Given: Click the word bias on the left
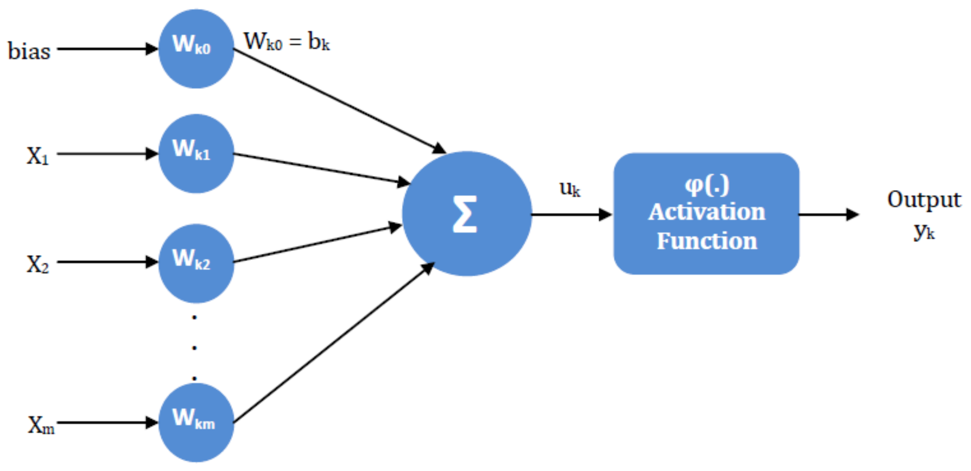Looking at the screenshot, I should tap(29, 51).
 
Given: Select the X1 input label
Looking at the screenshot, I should tap(38, 155).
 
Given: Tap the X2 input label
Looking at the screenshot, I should tap(38, 264).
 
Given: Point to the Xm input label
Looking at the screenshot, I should tap(41, 425).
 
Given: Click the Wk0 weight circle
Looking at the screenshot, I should tap(196, 49).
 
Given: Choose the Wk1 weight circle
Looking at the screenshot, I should tap(196, 154).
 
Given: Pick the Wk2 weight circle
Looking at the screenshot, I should tap(196, 263).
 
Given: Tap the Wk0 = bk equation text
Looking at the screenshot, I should tap(286, 41).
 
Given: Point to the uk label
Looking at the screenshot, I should tap(570, 188).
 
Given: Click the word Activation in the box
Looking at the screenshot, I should tap(707, 212).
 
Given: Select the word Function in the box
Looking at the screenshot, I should tap(707, 241).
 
